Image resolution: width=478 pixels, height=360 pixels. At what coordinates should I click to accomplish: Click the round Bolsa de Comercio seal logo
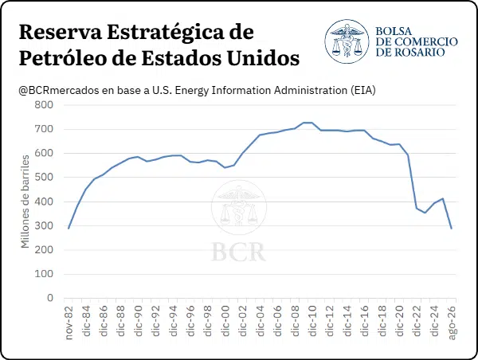(347, 41)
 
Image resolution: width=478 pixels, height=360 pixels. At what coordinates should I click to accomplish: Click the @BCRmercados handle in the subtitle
(59, 91)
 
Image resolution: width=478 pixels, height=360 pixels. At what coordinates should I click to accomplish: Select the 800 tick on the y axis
(44, 105)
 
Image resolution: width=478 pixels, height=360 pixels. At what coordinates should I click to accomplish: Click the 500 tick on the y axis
(44, 177)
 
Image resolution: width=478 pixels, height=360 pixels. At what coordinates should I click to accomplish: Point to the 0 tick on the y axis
(50, 298)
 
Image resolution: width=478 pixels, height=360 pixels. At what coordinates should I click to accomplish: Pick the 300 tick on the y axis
(44, 225)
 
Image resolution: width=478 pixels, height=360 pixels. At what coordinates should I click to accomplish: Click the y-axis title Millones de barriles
(25, 202)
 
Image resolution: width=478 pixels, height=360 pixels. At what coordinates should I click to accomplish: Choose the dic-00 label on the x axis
(225, 321)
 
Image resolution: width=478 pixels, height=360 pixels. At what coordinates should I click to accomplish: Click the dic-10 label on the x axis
(312, 321)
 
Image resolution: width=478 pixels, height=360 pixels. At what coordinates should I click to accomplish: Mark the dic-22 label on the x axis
(417, 321)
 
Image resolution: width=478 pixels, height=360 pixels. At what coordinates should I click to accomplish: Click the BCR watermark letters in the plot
(238, 252)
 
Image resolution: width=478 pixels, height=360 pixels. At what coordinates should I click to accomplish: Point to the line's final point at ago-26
(452, 229)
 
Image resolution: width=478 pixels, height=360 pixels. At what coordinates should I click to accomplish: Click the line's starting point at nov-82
(69, 229)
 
